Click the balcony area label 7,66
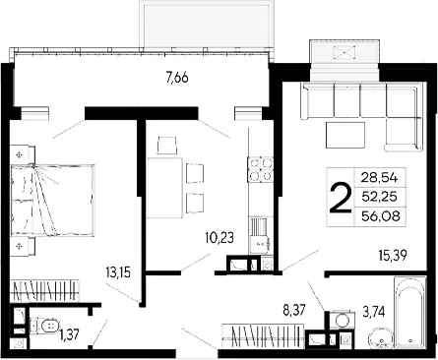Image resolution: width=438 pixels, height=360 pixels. pos(177,79)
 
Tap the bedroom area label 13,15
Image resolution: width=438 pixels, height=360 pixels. pos(118,272)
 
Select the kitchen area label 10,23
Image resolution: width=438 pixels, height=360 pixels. pos(219,238)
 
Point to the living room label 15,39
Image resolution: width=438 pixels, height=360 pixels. pos(393,255)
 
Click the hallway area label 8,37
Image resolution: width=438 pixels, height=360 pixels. pos(294,309)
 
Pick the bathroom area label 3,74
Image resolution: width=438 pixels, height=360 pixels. pos(374,310)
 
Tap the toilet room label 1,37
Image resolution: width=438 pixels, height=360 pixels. pos(69,335)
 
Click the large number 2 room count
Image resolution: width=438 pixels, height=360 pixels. pos(340,198)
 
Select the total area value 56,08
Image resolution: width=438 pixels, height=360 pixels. pos(381,216)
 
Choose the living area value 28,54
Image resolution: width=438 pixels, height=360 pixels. pos(379,178)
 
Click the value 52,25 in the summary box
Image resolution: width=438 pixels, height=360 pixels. pos(379,197)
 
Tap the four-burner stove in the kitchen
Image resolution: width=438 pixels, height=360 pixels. pos(261,169)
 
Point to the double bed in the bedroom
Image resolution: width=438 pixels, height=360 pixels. pos(52,201)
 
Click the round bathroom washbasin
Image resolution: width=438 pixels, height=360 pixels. pos(381,340)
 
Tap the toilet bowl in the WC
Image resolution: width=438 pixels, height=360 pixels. pos(46,326)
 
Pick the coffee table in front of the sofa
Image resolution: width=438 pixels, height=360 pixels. pos(345,135)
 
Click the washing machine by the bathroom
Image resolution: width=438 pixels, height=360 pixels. pos(343,319)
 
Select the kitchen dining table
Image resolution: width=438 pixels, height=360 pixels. pos(165,188)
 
